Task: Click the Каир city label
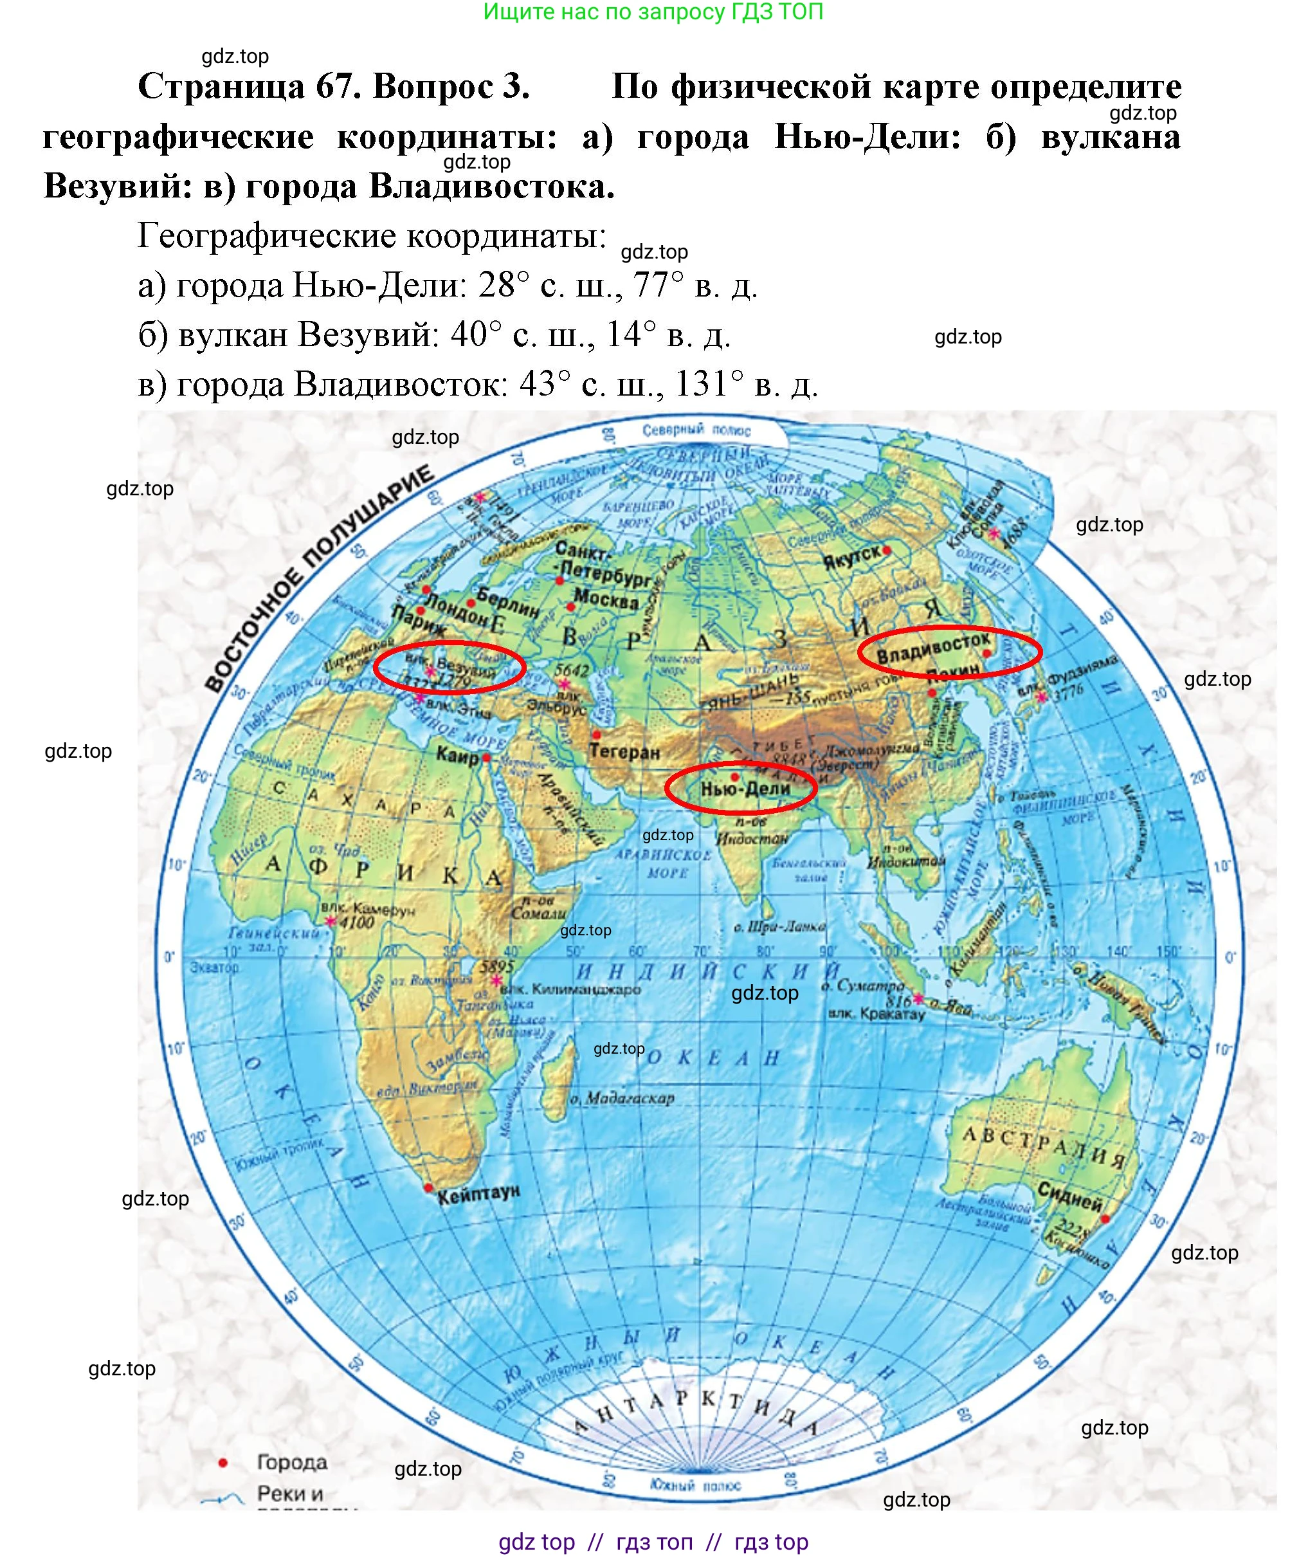point(457,756)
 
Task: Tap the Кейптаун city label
point(479,1194)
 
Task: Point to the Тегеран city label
point(624,751)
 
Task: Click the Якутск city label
point(852,556)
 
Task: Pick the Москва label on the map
point(606,599)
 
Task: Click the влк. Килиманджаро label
point(570,989)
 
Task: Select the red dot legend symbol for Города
point(223,1462)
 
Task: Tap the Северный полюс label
point(696,430)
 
